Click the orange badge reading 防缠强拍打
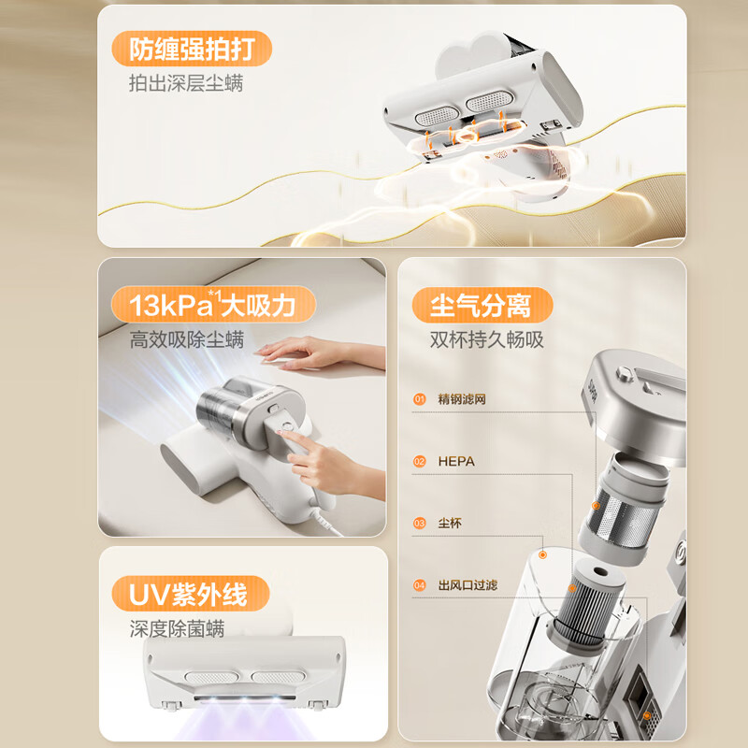click(x=192, y=49)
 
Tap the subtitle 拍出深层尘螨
click(x=186, y=83)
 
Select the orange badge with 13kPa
click(x=213, y=305)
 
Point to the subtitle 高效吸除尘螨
click(x=186, y=339)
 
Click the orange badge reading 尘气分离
click(x=482, y=305)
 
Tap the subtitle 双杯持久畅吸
click(x=486, y=339)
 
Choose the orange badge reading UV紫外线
click(x=191, y=594)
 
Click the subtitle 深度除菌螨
click(x=177, y=628)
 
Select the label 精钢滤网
click(x=462, y=399)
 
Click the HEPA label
click(x=456, y=461)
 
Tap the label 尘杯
click(x=450, y=524)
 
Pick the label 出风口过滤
click(x=467, y=585)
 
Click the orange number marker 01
click(x=419, y=399)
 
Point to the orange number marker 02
click(x=419, y=461)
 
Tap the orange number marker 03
click(x=419, y=524)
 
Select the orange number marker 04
click(x=419, y=585)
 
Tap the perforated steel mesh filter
click(x=619, y=518)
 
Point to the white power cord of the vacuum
click(x=324, y=518)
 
